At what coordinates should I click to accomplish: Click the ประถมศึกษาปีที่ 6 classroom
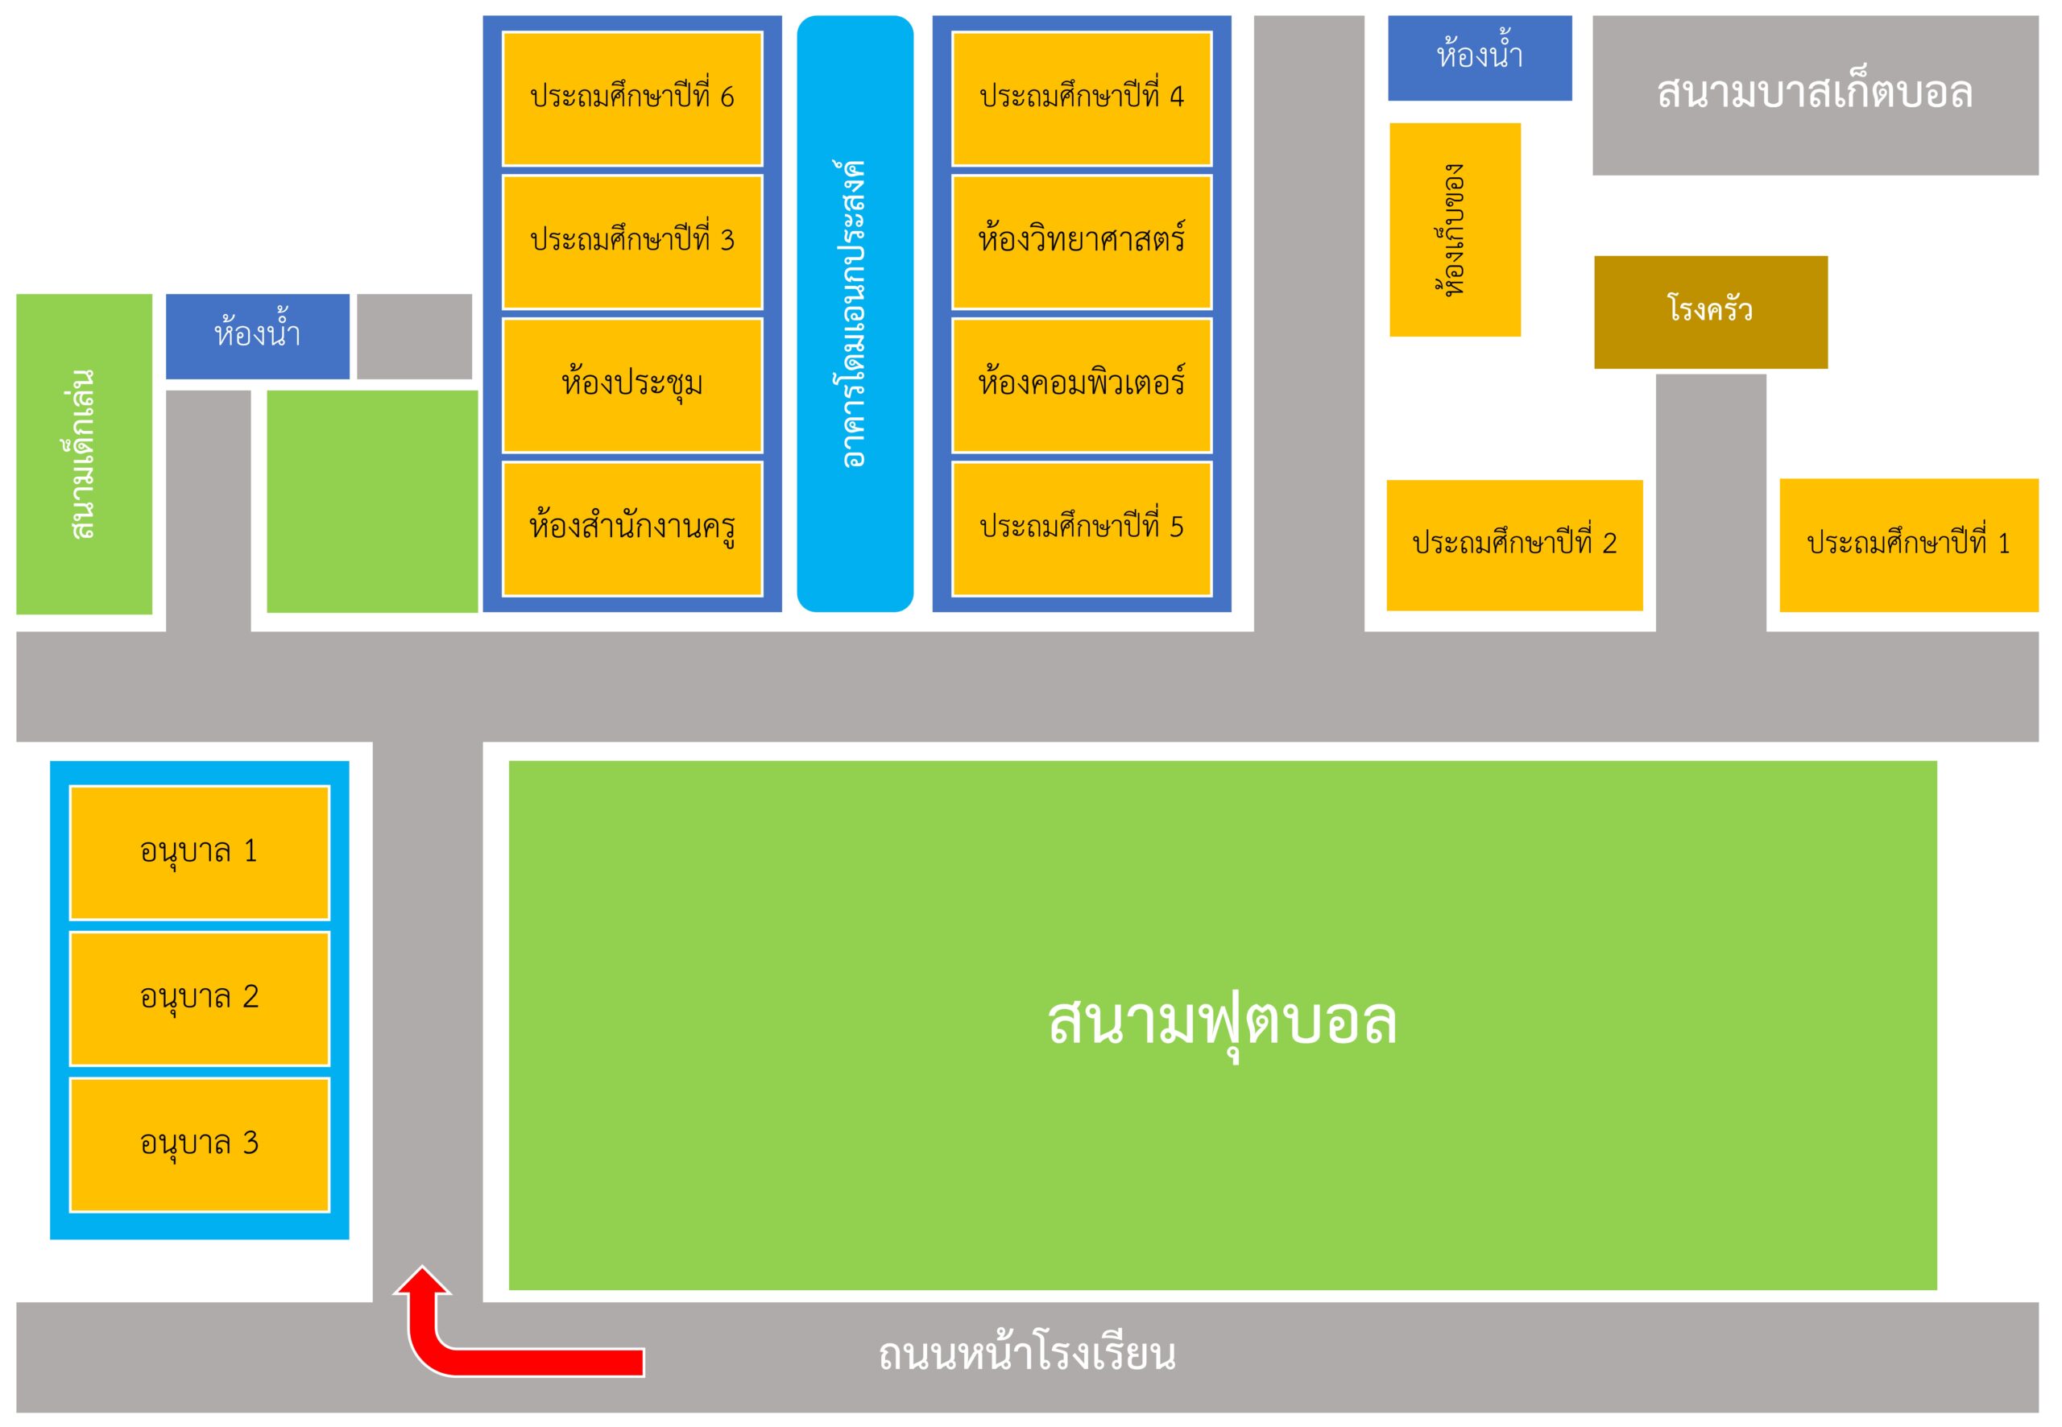pos(632,98)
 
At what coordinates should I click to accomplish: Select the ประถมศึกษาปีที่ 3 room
pos(632,242)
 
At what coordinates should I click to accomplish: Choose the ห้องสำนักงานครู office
pos(632,528)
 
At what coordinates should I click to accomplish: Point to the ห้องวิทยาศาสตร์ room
pos(1082,242)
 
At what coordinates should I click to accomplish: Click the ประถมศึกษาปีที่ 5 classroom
pos(1082,528)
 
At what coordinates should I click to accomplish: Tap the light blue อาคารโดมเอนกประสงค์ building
pos(855,314)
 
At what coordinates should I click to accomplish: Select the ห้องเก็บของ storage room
pos(1455,230)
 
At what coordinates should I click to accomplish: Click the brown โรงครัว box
pos(1712,312)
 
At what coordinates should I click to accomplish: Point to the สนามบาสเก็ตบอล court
pos(1816,95)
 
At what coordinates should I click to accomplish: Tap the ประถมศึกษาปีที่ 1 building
pos(1909,545)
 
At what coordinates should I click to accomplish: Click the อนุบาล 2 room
pos(200,999)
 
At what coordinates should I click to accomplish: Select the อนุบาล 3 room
pos(200,1145)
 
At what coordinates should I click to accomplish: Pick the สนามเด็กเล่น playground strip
pos(84,454)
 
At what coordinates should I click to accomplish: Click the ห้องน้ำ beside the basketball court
pos(1480,58)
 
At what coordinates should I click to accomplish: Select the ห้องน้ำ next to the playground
pos(258,336)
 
